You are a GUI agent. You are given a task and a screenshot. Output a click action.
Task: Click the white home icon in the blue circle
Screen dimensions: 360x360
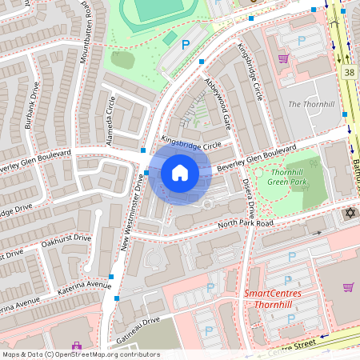pyautogui.click(x=179, y=173)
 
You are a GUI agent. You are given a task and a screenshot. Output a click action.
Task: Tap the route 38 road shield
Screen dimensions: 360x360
pyautogui.click(x=349, y=72)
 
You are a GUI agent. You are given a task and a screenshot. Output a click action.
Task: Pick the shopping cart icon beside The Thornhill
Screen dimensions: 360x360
pyautogui.click(x=282, y=58)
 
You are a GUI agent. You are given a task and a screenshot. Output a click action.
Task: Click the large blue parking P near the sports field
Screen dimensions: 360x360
pyautogui.click(x=186, y=46)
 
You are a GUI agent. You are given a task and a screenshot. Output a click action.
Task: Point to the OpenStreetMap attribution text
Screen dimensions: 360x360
pyautogui.click(x=80, y=354)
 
